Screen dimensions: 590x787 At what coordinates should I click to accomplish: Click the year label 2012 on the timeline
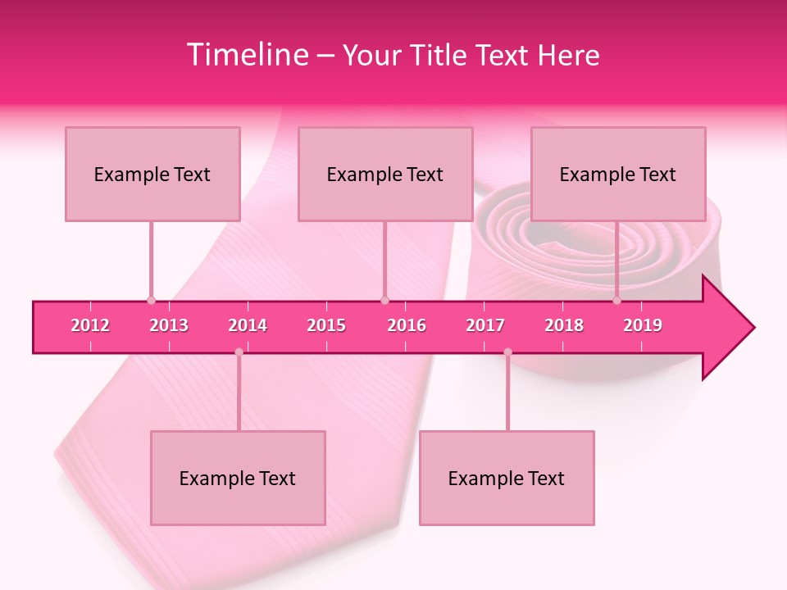pos(90,325)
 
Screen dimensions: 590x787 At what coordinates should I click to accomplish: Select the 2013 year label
pos(169,325)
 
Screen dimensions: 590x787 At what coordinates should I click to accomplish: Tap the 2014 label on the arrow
pos(248,325)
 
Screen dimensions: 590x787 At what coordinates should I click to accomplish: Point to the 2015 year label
pos(326,325)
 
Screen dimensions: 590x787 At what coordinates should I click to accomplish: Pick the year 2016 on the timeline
pos(407,325)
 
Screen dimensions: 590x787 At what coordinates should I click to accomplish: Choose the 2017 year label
pos(485,325)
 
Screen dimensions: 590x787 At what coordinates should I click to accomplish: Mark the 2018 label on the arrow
pos(564,325)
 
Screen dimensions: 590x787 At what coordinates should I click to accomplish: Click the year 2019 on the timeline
pos(643,325)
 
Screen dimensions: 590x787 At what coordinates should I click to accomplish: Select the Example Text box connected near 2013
pos(152,174)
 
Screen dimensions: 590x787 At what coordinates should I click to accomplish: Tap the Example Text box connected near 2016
pos(385,174)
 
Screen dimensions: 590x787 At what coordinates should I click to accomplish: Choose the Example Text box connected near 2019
pos(618,174)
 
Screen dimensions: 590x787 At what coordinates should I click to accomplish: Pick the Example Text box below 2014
pos(238,478)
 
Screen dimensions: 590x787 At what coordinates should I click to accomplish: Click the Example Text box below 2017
pos(507,478)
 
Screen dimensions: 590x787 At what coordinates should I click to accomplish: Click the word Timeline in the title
pos(245,55)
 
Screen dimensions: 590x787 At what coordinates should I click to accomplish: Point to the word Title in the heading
pos(430,55)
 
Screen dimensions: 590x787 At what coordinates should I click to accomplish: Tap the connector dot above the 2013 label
pos(151,300)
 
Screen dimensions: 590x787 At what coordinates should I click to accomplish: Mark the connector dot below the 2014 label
pos(239,352)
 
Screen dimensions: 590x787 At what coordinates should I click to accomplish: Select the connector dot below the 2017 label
pos(507,352)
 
